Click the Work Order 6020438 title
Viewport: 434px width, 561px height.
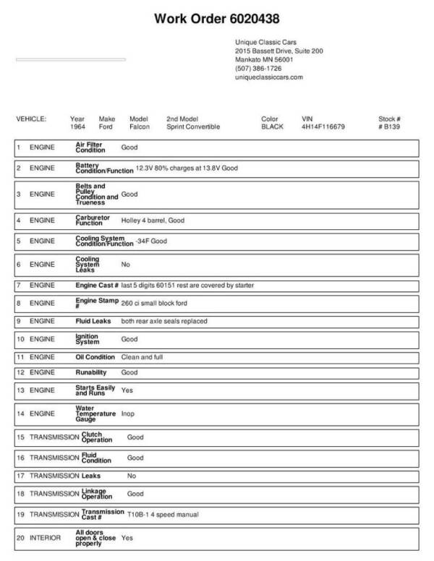point(217,17)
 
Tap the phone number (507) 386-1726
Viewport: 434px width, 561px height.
point(258,68)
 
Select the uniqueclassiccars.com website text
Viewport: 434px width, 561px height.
point(269,77)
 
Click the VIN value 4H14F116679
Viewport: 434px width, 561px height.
point(323,127)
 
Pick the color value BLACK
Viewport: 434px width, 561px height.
point(272,127)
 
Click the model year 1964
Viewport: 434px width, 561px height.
point(77,127)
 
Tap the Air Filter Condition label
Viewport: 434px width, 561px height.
point(90,147)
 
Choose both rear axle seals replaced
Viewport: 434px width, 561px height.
point(164,320)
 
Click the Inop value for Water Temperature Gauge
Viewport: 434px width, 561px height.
point(127,414)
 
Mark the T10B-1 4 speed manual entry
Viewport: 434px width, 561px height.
point(163,514)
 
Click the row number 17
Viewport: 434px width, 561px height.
point(20,476)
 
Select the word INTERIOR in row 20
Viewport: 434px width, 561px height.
point(46,538)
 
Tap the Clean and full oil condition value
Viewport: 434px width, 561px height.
point(142,357)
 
